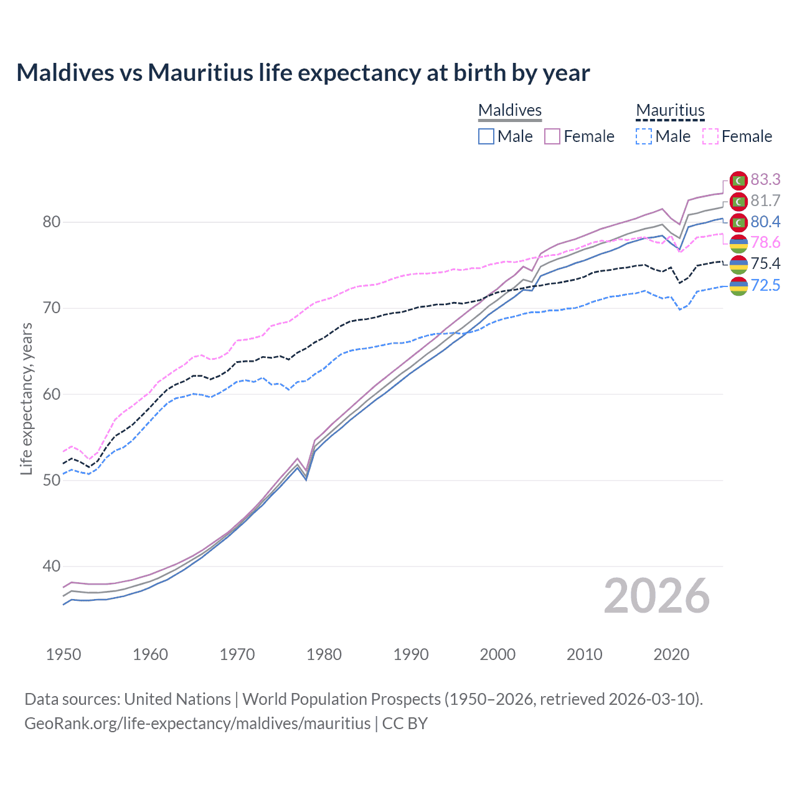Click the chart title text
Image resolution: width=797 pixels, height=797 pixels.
[x=303, y=73]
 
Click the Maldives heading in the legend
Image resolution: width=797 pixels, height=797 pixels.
[x=510, y=110]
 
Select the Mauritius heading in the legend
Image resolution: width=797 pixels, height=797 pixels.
[x=670, y=110]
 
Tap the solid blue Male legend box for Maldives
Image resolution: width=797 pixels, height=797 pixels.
[x=486, y=136]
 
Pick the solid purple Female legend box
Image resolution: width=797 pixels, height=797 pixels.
[x=552, y=136]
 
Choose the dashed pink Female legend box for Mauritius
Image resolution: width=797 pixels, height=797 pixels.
[x=710, y=136]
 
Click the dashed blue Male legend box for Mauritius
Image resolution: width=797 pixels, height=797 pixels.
[x=644, y=136]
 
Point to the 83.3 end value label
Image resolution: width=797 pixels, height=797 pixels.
[x=765, y=179]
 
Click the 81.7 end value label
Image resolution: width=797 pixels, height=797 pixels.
[x=765, y=200]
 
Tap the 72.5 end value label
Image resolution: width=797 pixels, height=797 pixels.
[x=765, y=285]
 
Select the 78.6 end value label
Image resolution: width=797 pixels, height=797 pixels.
[x=765, y=242]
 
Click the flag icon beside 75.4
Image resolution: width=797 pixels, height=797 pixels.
[x=738, y=264]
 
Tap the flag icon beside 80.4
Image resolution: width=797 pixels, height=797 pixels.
[x=738, y=222]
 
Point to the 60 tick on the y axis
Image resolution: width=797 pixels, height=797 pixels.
[x=52, y=394]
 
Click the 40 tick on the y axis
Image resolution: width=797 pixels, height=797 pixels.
[x=52, y=566]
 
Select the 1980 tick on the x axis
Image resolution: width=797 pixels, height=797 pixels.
[x=324, y=654]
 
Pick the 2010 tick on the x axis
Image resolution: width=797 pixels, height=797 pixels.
[x=584, y=654]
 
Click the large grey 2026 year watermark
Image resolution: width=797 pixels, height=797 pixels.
[x=656, y=596]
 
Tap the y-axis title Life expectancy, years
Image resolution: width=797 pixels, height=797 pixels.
[x=26, y=398]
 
